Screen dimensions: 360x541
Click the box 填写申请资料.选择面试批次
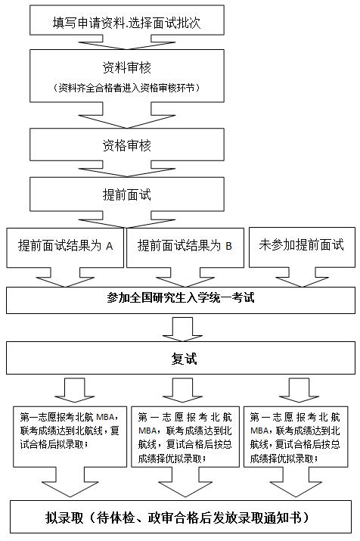pyautogui.click(x=127, y=20)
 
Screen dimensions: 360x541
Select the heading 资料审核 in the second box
pyautogui.click(x=127, y=67)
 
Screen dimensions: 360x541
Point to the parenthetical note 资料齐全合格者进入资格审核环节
pyautogui.click(x=127, y=88)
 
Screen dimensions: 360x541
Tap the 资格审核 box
pyautogui.click(x=127, y=145)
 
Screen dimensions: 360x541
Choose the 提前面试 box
pyautogui.click(x=127, y=194)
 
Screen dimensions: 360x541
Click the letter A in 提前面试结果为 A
pyautogui.click(x=110, y=247)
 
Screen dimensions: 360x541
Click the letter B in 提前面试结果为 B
pyautogui.click(x=228, y=247)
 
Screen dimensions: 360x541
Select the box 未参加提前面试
pyautogui.click(x=302, y=247)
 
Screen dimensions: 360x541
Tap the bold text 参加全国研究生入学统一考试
pyautogui.click(x=181, y=298)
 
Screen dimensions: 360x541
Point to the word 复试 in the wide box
pyautogui.click(x=184, y=359)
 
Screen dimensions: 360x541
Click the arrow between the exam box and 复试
pyautogui.click(x=183, y=328)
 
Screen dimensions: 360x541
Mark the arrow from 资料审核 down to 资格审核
pyautogui.click(x=127, y=115)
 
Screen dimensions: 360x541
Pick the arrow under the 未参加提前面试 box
pyautogui.click(x=302, y=277)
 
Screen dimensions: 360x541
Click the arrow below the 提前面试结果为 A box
pyautogui.click(x=66, y=277)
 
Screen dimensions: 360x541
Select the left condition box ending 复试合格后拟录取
pyautogui.click(x=70, y=437)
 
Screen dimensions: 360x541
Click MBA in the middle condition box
pyautogui.click(x=147, y=431)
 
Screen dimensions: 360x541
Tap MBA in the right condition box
pyautogui.click(x=259, y=431)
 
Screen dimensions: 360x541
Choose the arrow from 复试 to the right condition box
pyautogui.click(x=299, y=390)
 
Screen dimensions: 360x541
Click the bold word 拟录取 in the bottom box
pyautogui.click(x=64, y=518)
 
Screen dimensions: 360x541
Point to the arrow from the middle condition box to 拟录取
pyautogui.click(x=185, y=482)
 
